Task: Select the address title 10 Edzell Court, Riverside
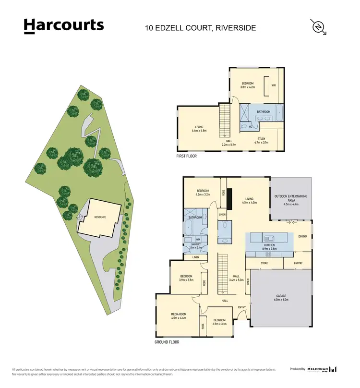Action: (200, 28)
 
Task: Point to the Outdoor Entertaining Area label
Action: (291, 198)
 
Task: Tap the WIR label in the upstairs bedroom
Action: (274, 85)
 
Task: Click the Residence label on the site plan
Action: (99, 217)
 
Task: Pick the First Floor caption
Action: (187, 156)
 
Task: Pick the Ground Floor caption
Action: (167, 342)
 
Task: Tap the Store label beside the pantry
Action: (264, 263)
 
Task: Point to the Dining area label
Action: (302, 236)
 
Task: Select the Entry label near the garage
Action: (242, 308)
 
